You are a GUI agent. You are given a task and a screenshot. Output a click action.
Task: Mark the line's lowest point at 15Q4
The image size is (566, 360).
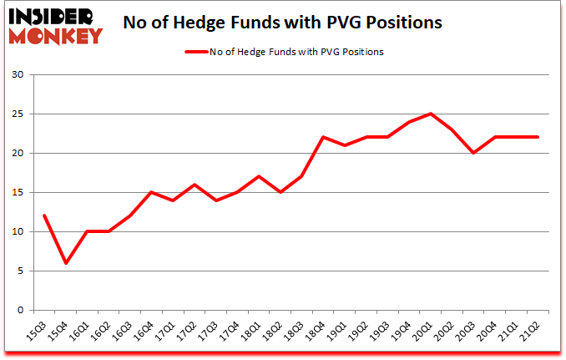pos(65,263)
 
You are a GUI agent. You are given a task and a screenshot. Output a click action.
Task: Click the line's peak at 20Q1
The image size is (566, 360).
pos(431,114)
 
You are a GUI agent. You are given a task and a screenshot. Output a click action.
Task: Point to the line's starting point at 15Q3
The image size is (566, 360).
pos(43,215)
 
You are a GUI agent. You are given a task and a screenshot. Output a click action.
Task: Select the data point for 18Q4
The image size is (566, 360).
pos(323,138)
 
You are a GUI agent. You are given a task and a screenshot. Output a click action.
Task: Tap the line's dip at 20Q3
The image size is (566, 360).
pos(473,153)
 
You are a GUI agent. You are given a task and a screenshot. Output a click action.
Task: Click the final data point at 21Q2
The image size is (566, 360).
pos(538,138)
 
